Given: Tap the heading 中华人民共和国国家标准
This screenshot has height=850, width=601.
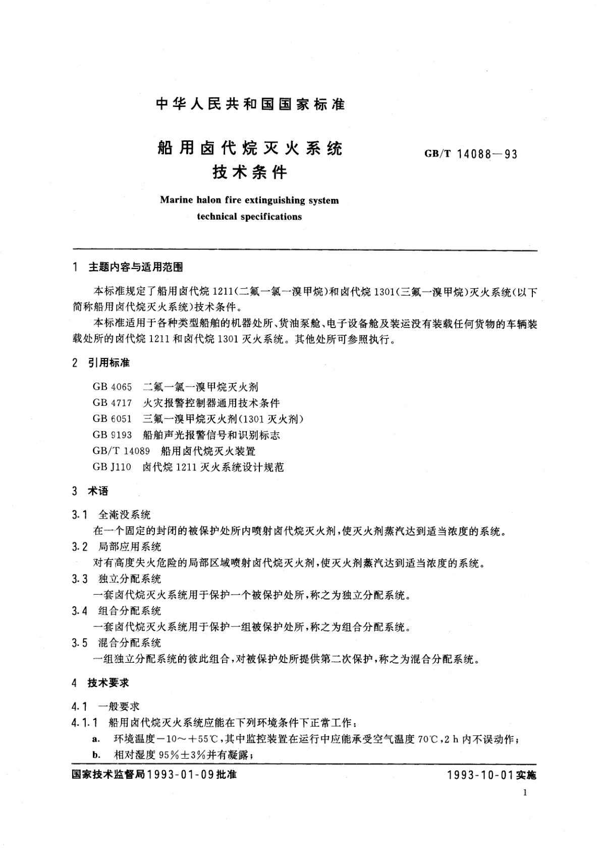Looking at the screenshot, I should coord(250,104).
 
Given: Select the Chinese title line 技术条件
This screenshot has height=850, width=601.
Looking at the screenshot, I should coord(250,173).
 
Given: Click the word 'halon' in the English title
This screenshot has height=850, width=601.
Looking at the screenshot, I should coord(209,200).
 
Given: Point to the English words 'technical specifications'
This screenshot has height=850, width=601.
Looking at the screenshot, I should coord(249,217).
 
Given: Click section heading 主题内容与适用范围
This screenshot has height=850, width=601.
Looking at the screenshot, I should coord(136,267).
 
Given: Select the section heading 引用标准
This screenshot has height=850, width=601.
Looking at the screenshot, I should coord(109,362).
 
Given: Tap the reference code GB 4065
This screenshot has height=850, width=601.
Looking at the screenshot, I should coord(112,387).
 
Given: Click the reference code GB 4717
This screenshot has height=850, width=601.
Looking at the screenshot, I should coord(112,403).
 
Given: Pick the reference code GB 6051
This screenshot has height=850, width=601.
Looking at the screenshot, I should coord(112,419).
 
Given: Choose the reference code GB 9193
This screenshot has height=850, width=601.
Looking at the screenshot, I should coord(112,435).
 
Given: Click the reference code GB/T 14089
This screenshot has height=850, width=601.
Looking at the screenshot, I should coord(121,451).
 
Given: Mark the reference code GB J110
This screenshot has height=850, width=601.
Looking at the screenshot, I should coord(112,467).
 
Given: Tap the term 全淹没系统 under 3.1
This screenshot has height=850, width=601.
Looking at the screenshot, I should coord(125,515).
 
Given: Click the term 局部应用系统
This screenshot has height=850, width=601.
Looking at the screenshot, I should coord(130,547).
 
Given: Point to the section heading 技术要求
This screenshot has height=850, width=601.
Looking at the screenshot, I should coord(108,682).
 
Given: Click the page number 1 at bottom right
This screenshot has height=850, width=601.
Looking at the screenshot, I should coord(525,793).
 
